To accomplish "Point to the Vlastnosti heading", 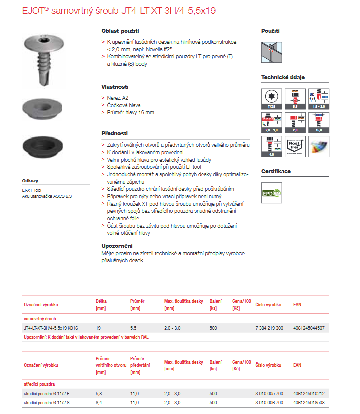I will [115, 86].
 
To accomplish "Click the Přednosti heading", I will [114, 133].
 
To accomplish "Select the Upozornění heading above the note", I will [117, 246].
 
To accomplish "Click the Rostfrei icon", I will [295, 147].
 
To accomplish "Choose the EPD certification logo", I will [272, 193].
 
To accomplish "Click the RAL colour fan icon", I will [319, 147].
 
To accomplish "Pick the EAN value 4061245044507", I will [308, 328].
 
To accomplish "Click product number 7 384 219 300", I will [269, 328].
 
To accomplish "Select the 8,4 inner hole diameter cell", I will [99, 402].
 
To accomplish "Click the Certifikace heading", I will [276, 171].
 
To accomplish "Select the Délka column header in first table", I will [101, 301].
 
